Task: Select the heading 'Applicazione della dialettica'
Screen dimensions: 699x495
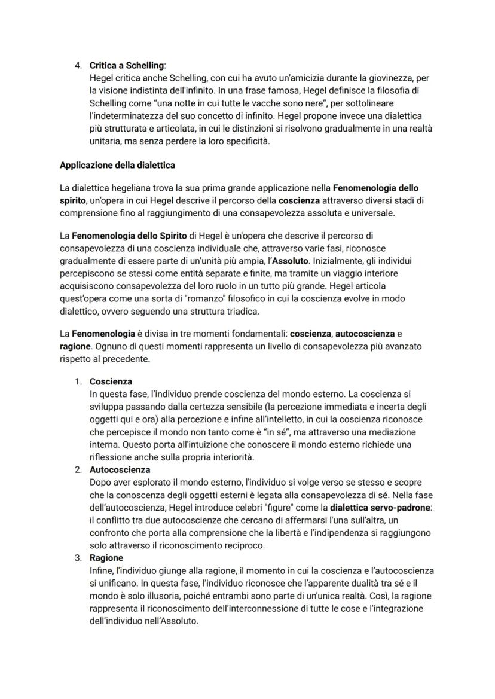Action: [x=117, y=165]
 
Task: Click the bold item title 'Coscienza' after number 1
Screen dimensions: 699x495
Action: [x=111, y=381]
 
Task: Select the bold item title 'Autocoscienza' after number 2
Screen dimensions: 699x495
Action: [x=120, y=470]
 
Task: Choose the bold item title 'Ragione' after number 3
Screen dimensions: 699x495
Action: [x=106, y=558]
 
